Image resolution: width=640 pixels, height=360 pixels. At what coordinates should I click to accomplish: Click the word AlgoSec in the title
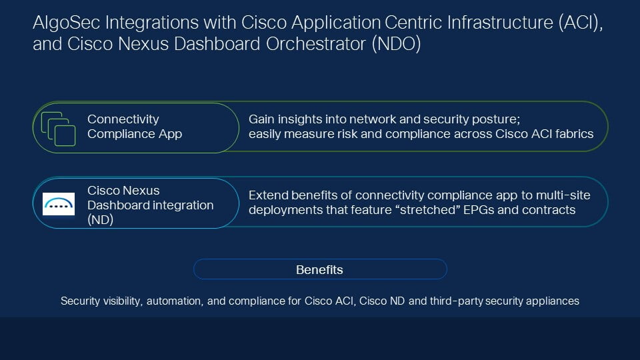point(67,23)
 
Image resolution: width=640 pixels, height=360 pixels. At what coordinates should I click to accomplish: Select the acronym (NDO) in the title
point(396,44)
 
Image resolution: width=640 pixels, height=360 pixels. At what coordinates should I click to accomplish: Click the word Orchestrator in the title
point(315,44)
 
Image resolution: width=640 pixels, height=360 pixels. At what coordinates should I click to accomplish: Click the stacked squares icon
point(59,129)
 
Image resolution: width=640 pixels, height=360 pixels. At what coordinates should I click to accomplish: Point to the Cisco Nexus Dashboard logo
point(59,204)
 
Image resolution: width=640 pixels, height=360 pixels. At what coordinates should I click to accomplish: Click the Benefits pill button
point(320,269)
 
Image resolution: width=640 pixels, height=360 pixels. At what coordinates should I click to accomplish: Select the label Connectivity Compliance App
point(135,127)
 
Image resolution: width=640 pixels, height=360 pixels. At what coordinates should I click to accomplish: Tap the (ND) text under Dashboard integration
point(101,219)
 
